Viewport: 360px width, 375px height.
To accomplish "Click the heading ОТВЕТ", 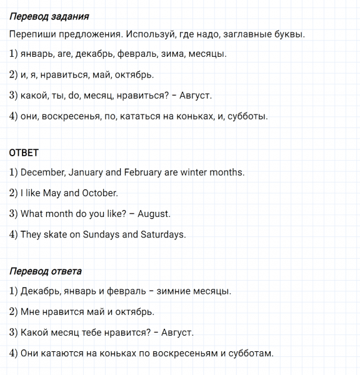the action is coord(24,152).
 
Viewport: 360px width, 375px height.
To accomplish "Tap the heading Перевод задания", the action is coord(49,16).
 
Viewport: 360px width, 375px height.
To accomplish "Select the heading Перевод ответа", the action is coord(46,272).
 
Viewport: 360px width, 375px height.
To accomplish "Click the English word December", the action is coord(43,172).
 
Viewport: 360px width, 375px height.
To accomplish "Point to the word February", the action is coord(143,172).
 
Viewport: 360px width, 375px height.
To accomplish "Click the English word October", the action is coord(99,193).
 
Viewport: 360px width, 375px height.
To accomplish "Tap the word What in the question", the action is coord(32,214).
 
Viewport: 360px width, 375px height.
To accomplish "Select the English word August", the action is coord(153,214).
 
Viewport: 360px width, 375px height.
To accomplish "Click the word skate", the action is coord(55,235).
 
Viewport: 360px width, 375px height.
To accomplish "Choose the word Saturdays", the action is coord(164,235).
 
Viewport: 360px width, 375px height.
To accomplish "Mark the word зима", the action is coord(172,54).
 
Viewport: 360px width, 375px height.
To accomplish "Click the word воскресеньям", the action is coord(187,353).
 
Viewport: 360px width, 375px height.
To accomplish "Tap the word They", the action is coord(31,235).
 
